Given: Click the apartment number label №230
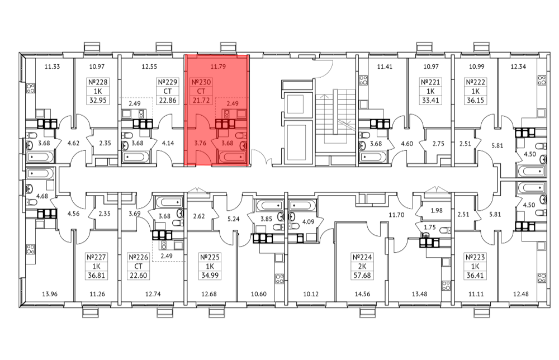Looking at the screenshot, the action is [x=201, y=82].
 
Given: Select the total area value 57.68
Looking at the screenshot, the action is [x=362, y=276].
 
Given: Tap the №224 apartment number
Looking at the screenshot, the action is [x=362, y=257].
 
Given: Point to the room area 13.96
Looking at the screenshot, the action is [x=50, y=294].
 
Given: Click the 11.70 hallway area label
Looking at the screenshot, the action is [x=396, y=215].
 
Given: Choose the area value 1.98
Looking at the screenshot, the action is [x=437, y=210].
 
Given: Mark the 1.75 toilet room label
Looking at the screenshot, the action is [x=429, y=227].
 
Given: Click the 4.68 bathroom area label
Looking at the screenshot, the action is [x=42, y=196].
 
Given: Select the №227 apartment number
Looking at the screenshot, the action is [x=96, y=257].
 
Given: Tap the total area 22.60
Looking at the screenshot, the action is [x=138, y=276].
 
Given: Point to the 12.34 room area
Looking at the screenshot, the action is [x=518, y=67].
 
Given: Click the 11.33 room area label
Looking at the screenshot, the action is [x=52, y=67].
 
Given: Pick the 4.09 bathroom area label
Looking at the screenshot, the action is [x=309, y=221].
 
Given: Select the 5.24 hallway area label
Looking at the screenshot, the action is [x=234, y=219].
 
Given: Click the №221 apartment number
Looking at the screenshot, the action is [x=430, y=82].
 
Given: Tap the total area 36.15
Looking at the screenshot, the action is [x=476, y=101].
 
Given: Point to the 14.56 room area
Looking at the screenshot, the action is [x=362, y=294].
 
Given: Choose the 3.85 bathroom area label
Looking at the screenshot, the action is [x=266, y=219].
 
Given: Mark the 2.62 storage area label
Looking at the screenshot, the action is [x=199, y=216].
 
